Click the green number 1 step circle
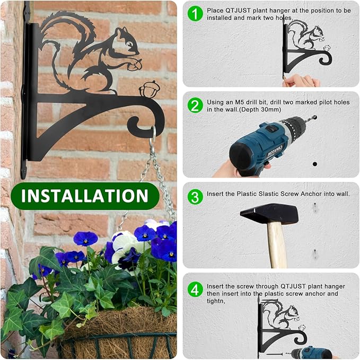[196, 13]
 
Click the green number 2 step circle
[196, 105]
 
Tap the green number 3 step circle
[196, 197]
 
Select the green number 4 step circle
[196, 289]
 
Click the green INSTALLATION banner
[85, 196]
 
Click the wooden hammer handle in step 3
[276, 244]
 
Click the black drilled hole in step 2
[314, 164]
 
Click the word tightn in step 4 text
[217, 301]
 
